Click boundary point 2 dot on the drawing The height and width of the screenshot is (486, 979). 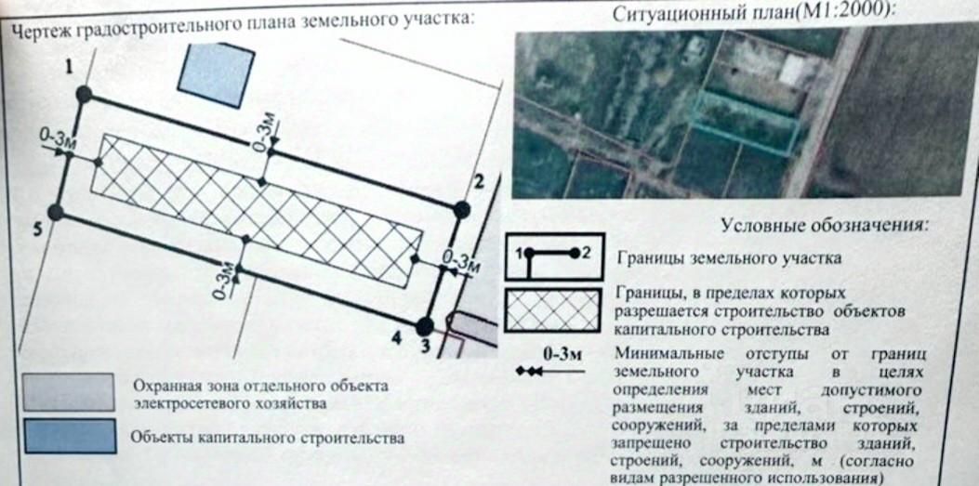461,211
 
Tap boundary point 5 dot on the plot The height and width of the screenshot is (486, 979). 56,212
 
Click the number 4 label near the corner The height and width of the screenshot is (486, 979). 396,339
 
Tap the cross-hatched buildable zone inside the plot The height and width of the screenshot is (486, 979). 256,209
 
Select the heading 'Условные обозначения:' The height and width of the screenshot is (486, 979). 825,226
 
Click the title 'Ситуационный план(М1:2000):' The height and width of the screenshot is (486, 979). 753,14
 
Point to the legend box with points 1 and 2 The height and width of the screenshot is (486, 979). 555,257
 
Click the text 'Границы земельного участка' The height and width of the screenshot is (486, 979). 728,257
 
